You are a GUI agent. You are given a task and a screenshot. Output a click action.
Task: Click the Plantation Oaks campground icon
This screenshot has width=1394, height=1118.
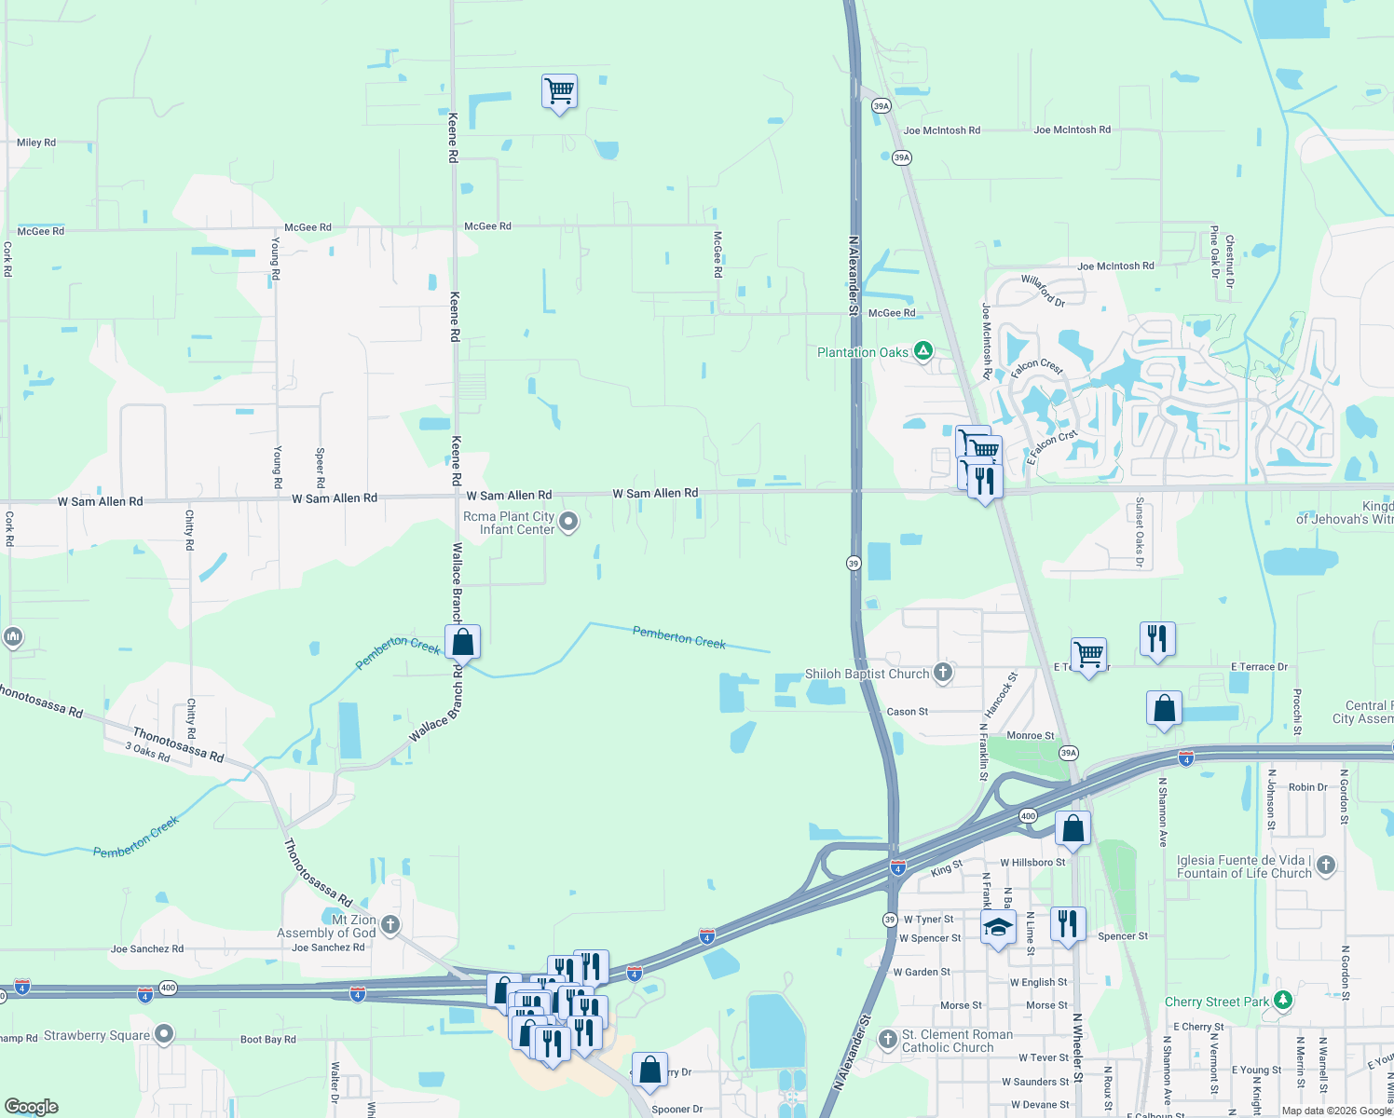click(x=923, y=351)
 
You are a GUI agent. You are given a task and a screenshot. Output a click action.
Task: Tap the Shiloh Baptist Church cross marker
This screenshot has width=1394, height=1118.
click(x=943, y=673)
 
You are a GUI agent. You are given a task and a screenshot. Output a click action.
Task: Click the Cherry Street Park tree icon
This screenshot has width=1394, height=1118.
click(x=1283, y=1001)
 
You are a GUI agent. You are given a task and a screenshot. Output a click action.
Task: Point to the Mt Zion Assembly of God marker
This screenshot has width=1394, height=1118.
click(x=390, y=925)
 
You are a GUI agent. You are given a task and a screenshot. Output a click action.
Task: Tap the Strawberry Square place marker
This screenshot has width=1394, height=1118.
click(x=164, y=1034)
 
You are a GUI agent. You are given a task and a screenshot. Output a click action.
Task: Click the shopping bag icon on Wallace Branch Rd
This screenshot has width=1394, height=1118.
click(x=463, y=642)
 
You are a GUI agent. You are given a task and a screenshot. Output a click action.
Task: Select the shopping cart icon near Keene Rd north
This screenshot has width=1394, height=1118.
click(x=559, y=91)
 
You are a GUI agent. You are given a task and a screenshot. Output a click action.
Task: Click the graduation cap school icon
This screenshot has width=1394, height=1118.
click(x=998, y=927)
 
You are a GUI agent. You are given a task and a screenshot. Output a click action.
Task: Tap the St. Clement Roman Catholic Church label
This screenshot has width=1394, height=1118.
click(x=957, y=1041)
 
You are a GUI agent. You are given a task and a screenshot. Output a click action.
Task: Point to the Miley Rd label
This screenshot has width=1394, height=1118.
click(x=36, y=143)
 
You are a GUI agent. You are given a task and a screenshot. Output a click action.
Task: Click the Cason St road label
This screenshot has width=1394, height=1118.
click(x=907, y=712)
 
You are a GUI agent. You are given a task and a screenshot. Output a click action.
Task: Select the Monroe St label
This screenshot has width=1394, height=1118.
click(x=1030, y=736)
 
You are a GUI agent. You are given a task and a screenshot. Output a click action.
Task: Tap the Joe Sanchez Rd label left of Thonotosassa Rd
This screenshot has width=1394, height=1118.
click(x=147, y=949)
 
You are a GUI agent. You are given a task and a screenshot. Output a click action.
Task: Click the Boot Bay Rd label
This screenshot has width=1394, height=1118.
click(x=267, y=1040)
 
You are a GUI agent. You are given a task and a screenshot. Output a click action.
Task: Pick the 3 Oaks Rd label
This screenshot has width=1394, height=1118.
click(x=148, y=752)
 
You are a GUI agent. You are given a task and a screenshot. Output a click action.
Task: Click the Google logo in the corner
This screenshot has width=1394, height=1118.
click(x=32, y=1106)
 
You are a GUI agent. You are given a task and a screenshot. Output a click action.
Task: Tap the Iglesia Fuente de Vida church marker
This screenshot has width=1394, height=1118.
click(x=1325, y=866)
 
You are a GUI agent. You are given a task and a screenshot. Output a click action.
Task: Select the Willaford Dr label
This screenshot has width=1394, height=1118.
click(x=1043, y=290)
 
